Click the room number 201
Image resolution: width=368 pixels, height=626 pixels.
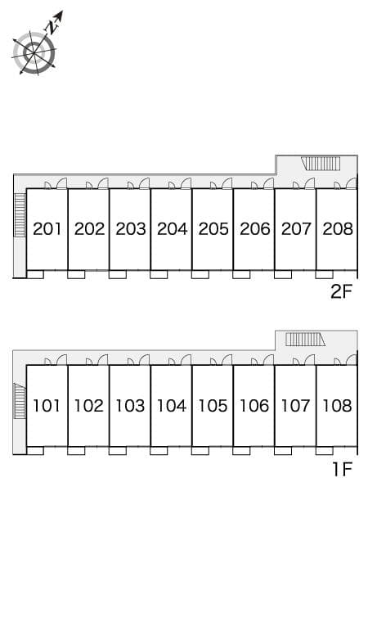coord(47,229)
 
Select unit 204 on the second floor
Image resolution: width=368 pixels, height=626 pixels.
coord(172,229)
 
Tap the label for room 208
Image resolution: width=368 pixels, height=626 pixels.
coord(337,229)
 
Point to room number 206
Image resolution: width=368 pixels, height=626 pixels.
coord(254,229)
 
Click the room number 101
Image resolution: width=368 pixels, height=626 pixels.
coord(47,405)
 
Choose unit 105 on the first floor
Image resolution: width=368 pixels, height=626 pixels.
coord(213,405)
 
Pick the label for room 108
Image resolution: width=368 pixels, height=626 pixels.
coord(337,405)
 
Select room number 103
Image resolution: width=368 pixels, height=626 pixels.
coord(130,405)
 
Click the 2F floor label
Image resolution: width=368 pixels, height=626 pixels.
coord(341,291)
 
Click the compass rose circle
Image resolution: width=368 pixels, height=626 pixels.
coord(34,53)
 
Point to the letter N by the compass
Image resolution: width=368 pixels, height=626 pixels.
coord(51,26)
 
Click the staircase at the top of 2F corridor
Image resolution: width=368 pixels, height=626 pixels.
coord(321,163)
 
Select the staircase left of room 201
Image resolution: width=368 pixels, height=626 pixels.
coord(20,214)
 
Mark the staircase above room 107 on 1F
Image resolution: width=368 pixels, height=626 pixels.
coord(305,339)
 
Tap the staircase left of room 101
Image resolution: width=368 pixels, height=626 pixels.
coord(20,400)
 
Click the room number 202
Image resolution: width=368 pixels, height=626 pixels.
coord(89,229)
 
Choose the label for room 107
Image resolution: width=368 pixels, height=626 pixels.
coord(295,405)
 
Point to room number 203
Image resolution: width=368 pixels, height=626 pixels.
coord(130,229)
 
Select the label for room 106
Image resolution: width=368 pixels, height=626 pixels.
coord(254,405)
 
